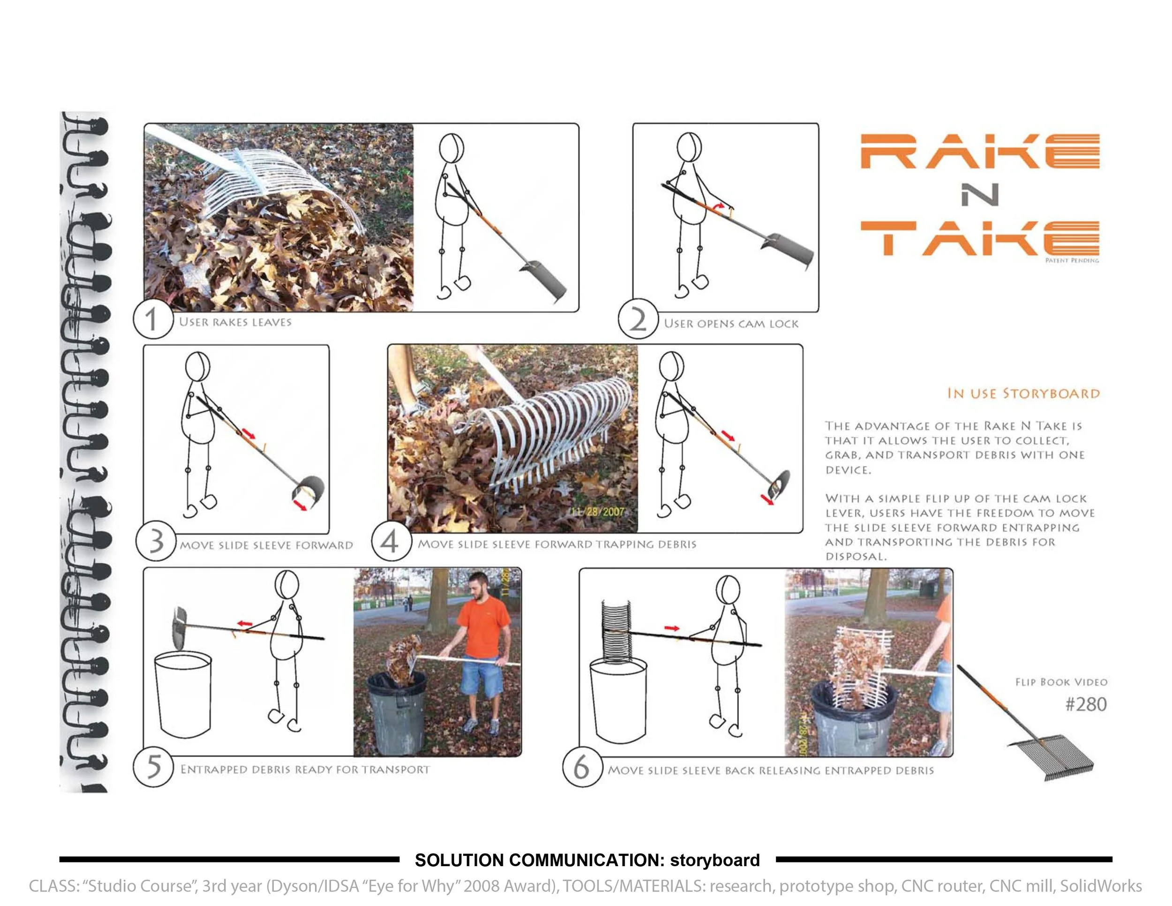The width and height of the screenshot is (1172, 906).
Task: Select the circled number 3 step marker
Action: [156, 541]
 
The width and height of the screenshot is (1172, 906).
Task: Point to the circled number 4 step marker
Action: [391, 541]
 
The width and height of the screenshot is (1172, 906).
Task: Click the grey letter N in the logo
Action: [979, 195]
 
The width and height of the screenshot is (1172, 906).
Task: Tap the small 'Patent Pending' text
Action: [1072, 260]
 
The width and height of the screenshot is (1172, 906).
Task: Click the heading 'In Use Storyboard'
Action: [1023, 393]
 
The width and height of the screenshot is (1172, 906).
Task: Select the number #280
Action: [1086, 704]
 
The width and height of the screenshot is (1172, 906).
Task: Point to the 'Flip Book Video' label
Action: [1061, 682]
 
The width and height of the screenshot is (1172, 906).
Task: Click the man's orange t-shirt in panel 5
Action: [482, 624]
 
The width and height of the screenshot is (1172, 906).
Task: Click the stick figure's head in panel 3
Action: [197, 367]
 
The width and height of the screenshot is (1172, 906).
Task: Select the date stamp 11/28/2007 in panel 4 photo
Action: [598, 511]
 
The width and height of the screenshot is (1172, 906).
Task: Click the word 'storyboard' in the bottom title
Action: [715, 860]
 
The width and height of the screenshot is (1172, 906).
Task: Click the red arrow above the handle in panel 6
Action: [672, 628]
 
